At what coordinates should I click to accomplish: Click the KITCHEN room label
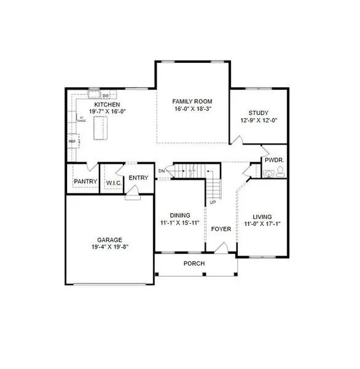(x=107, y=105)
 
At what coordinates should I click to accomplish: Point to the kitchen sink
(x=93, y=95)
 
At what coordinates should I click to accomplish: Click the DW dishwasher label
(x=106, y=96)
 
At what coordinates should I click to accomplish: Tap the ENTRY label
(x=139, y=178)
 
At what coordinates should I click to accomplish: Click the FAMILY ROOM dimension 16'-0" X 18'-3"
(x=192, y=109)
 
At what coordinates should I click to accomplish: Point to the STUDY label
(x=259, y=113)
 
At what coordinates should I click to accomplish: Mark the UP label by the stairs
(x=213, y=202)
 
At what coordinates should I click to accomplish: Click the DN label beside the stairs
(x=161, y=170)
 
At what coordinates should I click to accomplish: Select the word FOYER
(x=221, y=229)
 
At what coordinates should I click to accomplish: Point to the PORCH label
(x=194, y=264)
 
